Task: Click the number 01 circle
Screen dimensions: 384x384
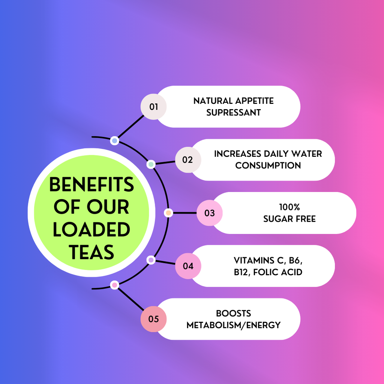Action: click(153, 106)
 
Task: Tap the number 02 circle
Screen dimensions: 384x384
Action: click(188, 160)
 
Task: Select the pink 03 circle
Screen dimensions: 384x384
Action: click(210, 213)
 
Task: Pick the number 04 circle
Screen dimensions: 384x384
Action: click(188, 266)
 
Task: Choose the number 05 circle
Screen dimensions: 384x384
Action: click(153, 319)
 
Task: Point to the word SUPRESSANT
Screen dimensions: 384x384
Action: click(233, 112)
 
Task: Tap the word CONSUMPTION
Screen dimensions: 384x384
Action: click(268, 165)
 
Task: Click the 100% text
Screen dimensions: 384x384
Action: click(289, 207)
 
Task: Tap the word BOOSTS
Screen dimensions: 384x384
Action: click(233, 313)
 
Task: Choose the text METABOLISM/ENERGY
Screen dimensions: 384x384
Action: click(233, 325)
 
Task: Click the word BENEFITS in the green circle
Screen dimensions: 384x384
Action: click(91, 184)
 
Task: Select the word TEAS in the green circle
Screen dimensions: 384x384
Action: click(91, 252)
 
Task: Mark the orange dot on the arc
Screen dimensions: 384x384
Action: click(168, 213)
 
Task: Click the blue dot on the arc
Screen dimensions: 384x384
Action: click(115, 141)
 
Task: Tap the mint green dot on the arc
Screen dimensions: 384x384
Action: click(151, 164)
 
